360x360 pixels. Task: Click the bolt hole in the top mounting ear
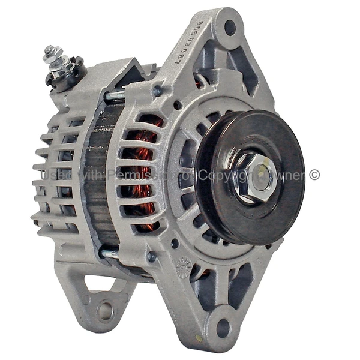point(230,28)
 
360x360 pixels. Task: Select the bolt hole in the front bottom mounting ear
point(222,328)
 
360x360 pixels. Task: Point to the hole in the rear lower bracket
point(106,311)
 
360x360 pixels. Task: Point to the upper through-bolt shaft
point(114,94)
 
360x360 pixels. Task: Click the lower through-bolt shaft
point(111,254)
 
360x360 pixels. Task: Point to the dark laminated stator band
point(96,180)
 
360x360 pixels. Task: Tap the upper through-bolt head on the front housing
point(158,91)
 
